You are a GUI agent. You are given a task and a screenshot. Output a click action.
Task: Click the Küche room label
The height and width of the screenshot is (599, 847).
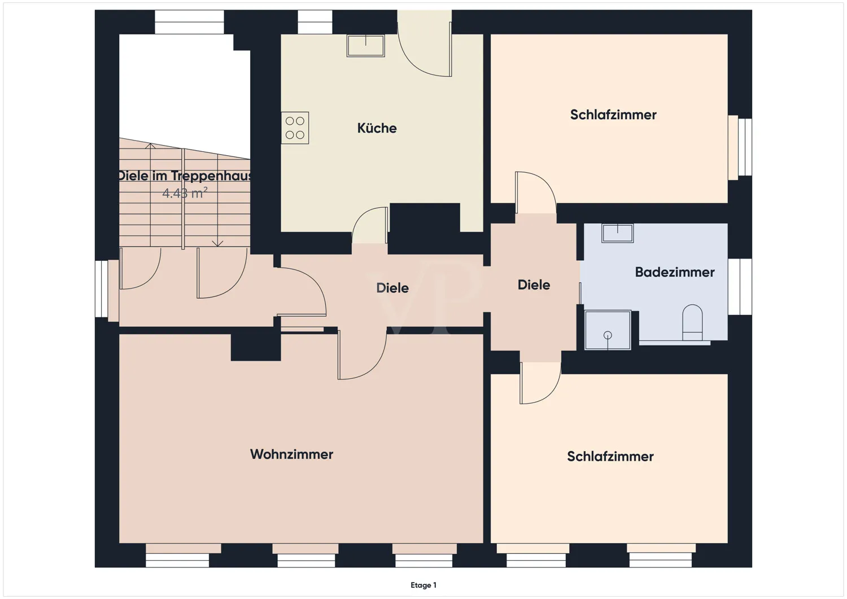(377, 128)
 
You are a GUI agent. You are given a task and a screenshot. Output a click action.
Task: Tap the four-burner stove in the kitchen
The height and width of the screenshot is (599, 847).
(295, 128)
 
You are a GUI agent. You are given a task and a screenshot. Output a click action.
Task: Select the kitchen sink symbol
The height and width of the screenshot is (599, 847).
(366, 45)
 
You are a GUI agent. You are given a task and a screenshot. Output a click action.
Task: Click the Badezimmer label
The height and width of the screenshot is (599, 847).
(674, 272)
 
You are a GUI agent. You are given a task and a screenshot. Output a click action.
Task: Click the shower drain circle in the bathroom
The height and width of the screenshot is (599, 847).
(608, 335)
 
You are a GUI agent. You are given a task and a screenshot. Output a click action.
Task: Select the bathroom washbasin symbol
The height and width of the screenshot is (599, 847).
(617, 233)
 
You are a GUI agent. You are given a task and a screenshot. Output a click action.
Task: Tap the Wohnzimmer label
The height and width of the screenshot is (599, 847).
(291, 454)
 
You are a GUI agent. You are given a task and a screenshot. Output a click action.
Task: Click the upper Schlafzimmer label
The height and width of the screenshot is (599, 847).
(613, 115)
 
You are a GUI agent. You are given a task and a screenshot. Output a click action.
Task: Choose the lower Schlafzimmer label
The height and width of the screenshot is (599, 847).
(610, 457)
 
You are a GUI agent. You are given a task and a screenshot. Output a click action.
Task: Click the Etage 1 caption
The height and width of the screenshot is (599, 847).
(423, 585)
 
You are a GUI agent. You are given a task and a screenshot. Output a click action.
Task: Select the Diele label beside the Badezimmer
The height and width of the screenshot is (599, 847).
(534, 285)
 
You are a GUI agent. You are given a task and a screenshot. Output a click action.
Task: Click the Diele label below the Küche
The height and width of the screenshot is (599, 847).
(392, 288)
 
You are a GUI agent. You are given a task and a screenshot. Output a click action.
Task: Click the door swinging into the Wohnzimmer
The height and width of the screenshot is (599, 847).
(361, 356)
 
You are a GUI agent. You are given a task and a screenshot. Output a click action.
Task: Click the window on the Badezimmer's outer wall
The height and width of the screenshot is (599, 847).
(740, 287)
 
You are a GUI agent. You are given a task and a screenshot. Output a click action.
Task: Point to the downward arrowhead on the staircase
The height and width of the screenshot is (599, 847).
(217, 243)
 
